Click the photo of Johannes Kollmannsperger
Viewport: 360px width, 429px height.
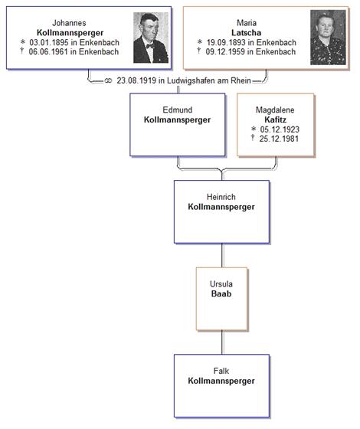coord(151,38)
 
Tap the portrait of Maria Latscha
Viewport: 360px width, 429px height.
coord(328,38)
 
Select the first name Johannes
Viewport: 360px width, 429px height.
coord(69,23)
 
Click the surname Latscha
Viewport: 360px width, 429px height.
coord(246,33)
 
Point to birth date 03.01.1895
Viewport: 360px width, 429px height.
coord(49,42)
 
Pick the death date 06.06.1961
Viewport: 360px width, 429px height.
coord(48,52)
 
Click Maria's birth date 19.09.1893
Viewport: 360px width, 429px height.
coord(226,42)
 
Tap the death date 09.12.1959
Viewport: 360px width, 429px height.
coord(225,52)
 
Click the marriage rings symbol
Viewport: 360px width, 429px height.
coord(108,81)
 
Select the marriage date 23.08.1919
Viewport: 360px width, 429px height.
coord(136,80)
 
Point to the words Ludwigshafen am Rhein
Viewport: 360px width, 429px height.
coord(209,80)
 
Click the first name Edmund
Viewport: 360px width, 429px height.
coord(177,110)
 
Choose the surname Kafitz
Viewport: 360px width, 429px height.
coord(276,120)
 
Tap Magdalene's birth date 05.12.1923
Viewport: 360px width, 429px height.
coord(280,129)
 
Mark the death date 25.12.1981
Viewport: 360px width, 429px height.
coord(279,139)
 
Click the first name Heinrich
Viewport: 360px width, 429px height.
coord(221,197)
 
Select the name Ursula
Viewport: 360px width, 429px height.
coord(221,284)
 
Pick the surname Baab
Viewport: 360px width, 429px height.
coord(221,294)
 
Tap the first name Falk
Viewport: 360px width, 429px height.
coord(221,371)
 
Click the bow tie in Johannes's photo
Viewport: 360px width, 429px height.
coord(150,46)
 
